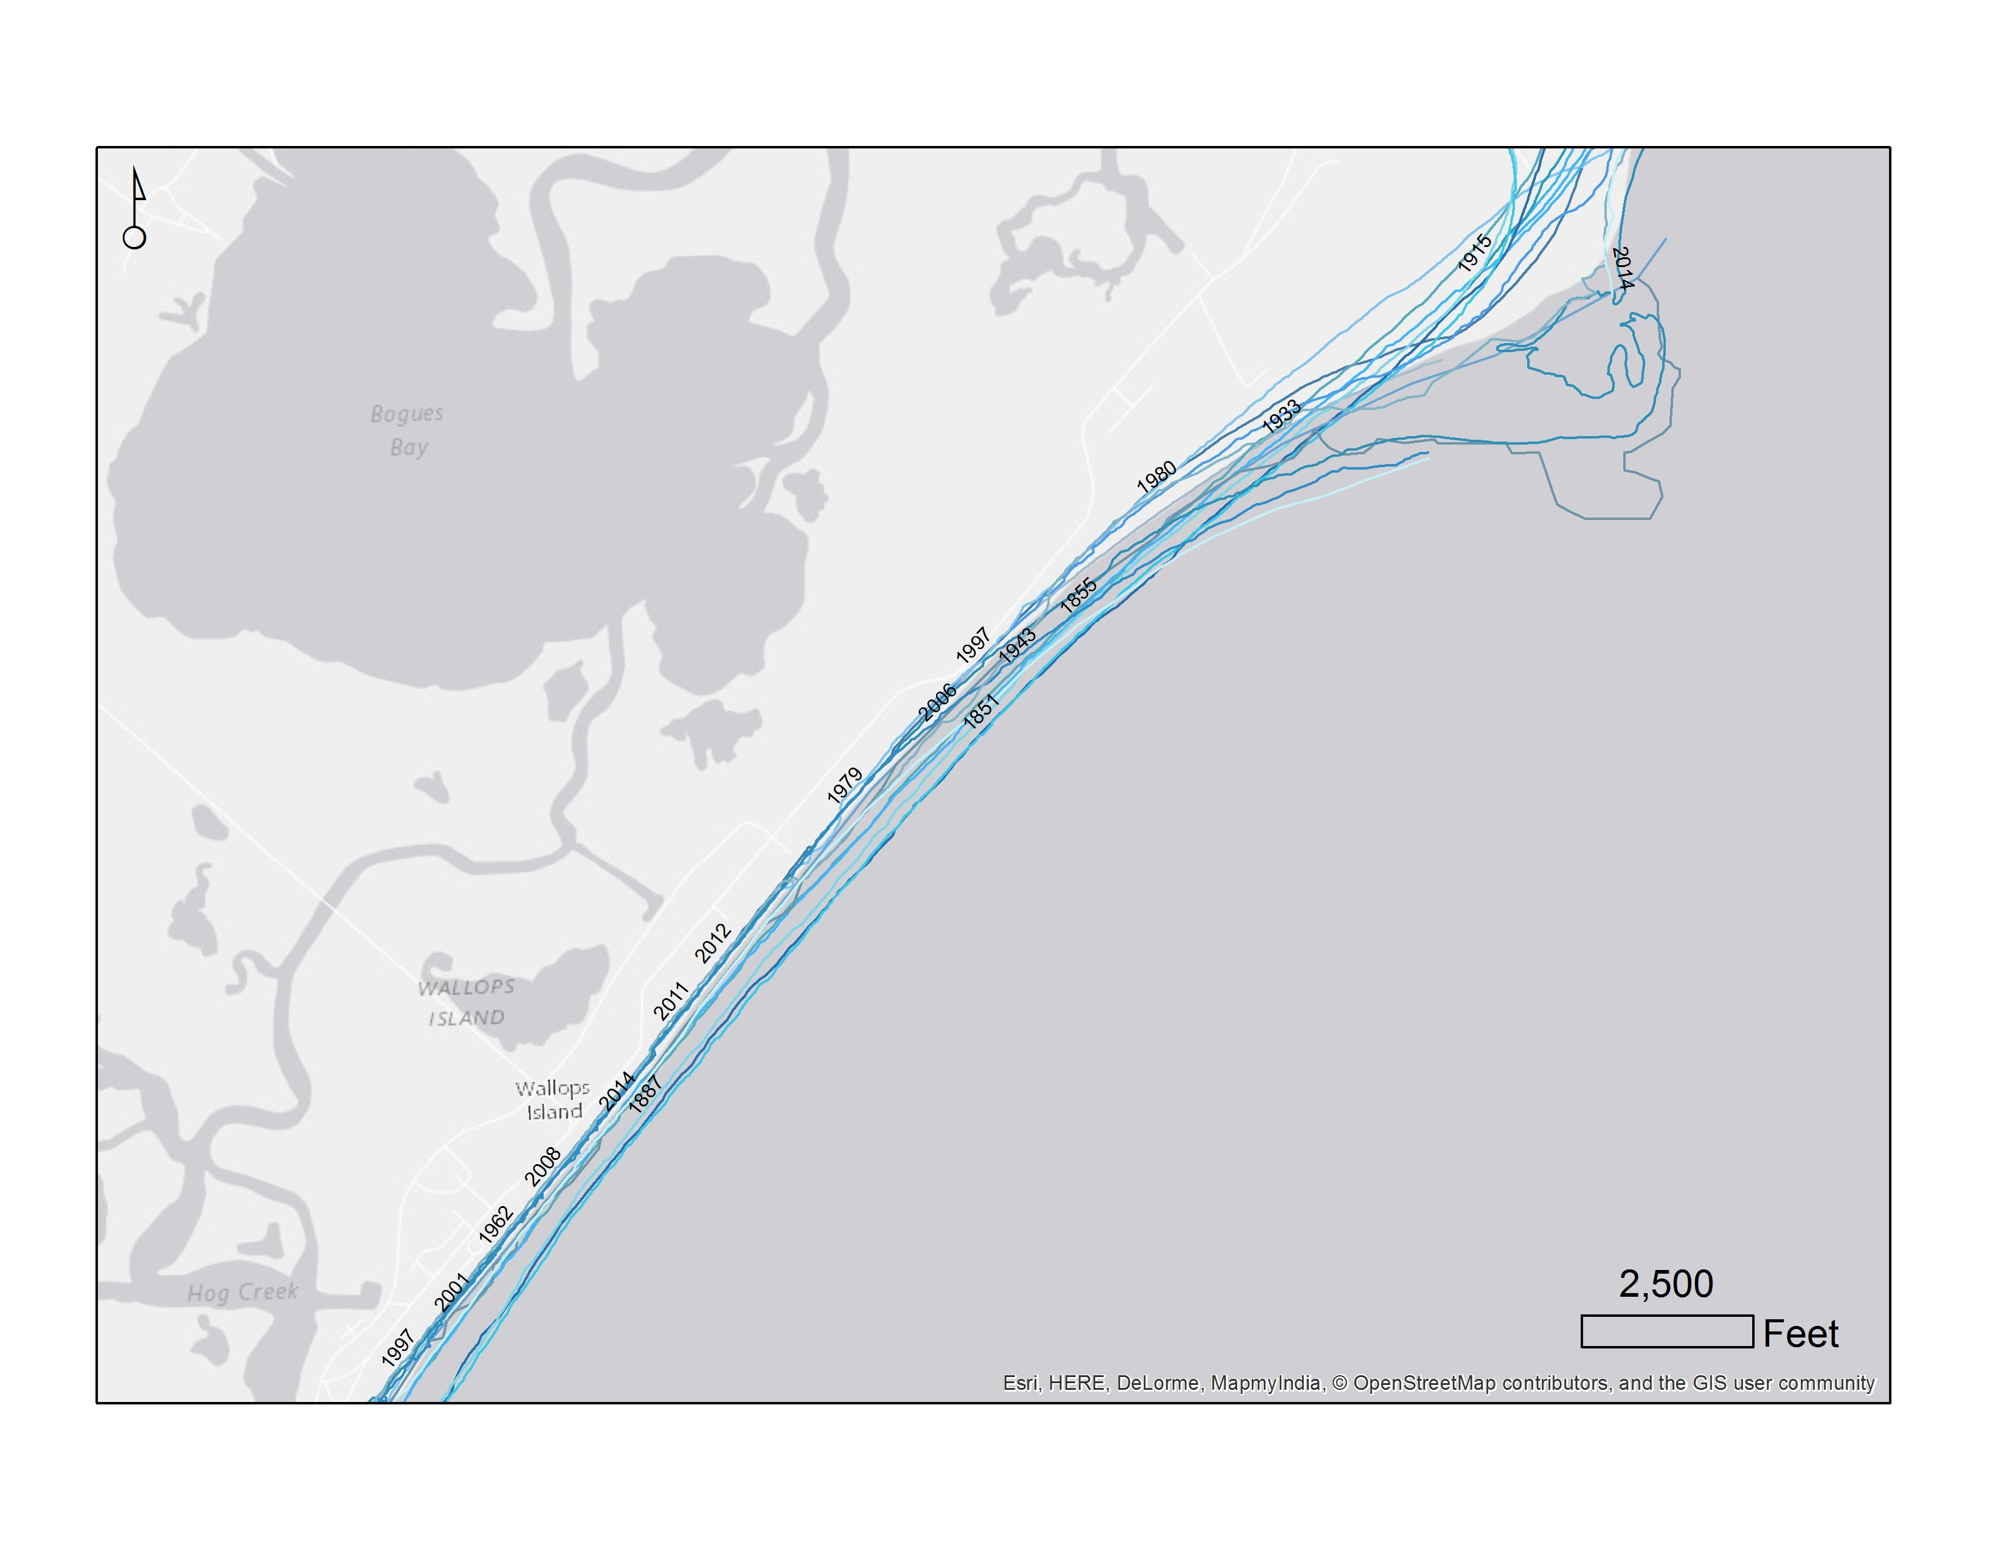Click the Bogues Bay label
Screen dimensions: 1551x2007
coord(407,430)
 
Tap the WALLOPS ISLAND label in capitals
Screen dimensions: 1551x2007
coord(466,1002)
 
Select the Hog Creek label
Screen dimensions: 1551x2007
coord(243,1293)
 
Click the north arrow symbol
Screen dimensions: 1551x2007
coord(135,209)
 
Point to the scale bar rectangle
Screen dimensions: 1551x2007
coord(1666,1331)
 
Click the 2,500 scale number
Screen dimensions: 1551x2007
coord(1665,1283)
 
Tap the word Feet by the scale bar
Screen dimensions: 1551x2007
coord(1800,1334)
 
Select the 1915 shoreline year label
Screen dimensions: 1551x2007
coord(1474,252)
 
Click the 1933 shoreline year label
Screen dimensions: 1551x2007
coord(1281,416)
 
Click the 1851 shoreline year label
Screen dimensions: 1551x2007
coord(980,712)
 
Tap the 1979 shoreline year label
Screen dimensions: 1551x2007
coord(844,786)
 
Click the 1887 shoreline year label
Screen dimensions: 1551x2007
coord(645,1094)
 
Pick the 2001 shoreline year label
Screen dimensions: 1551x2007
coord(451,1292)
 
